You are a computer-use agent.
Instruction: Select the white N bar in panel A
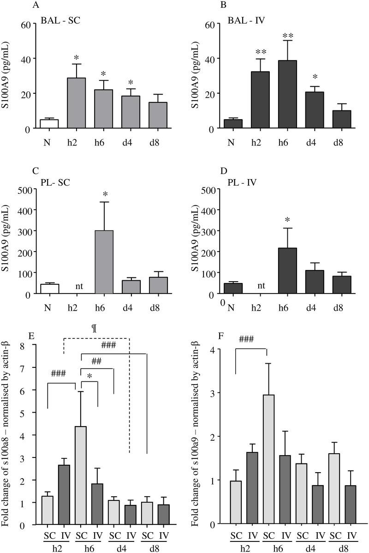[49, 124]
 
